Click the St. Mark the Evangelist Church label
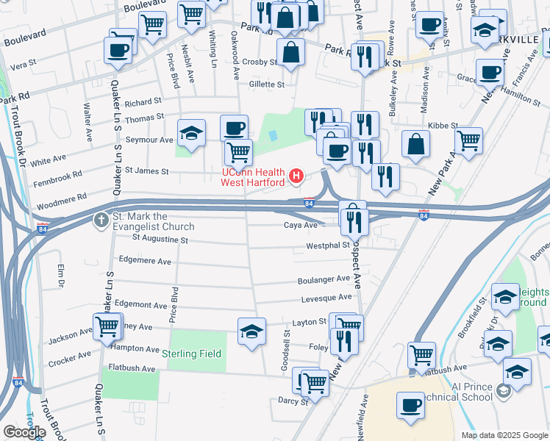154,221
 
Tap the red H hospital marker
296,176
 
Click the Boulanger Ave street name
324,279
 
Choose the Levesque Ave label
326,298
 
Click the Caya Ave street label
301,226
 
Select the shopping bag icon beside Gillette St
291,52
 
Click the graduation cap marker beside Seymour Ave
191,133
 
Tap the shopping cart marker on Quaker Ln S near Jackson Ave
107,325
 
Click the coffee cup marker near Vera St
118,51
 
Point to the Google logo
24,432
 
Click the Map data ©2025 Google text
504,435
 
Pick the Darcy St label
293,402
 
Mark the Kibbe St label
443,126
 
